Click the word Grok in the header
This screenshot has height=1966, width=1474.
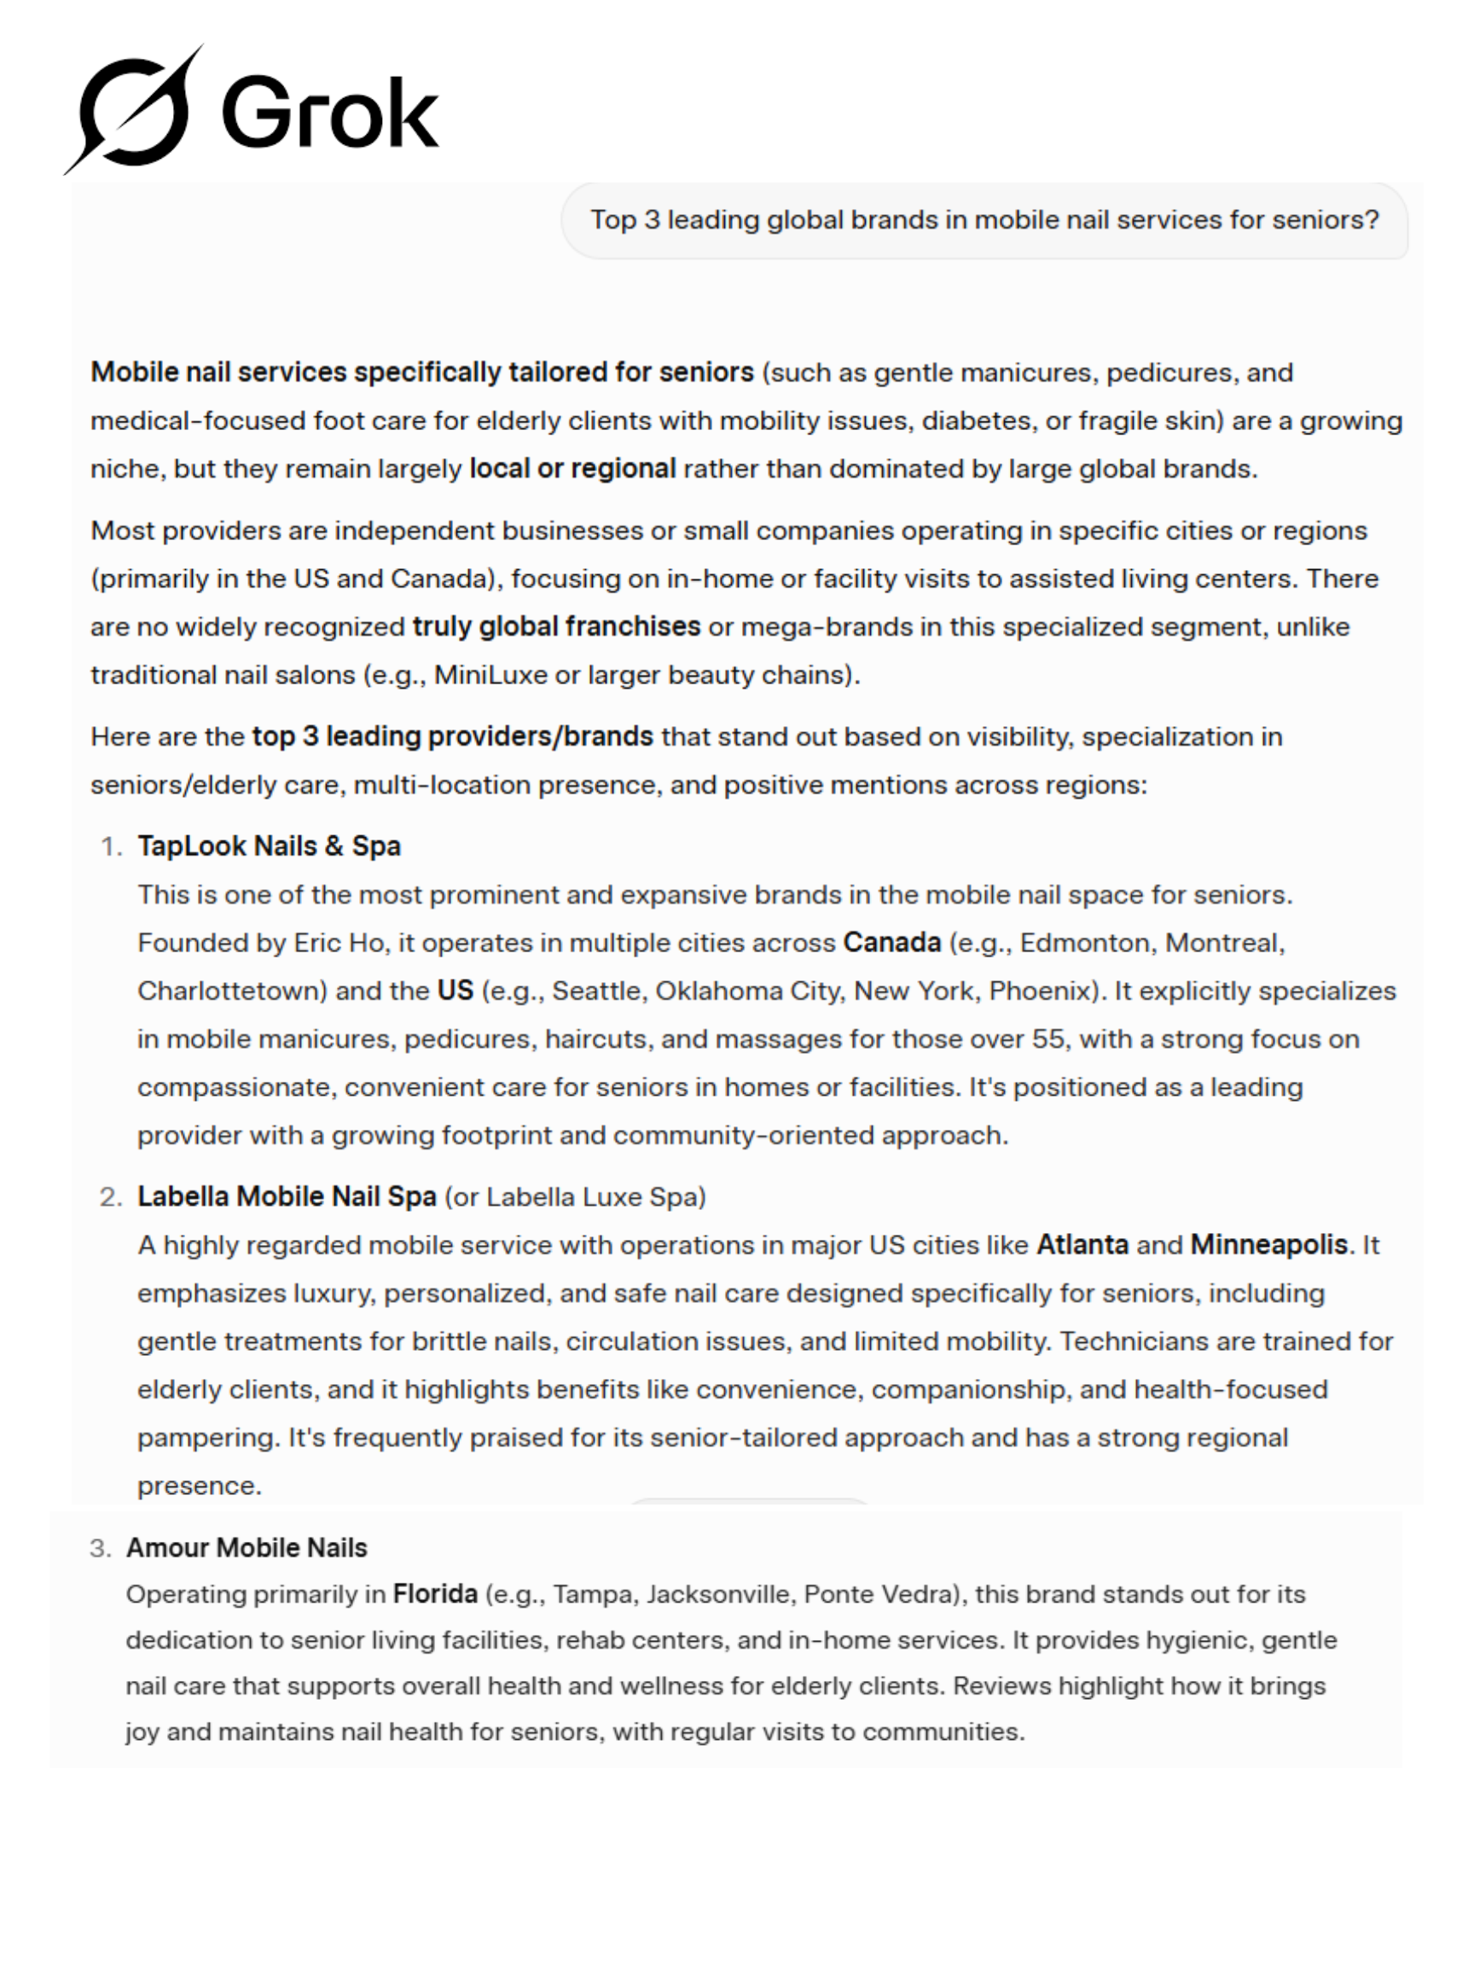click(329, 113)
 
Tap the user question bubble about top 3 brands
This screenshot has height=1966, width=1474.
click(984, 220)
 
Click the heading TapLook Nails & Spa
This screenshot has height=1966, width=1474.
click(269, 846)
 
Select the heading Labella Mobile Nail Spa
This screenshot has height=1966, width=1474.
click(286, 1197)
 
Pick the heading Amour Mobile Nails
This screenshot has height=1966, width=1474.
click(247, 1548)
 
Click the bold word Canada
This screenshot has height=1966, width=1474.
click(891, 943)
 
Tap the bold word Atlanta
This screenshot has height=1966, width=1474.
click(1082, 1245)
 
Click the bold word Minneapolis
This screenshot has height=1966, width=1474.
click(1268, 1245)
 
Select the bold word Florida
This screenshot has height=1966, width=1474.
click(434, 1595)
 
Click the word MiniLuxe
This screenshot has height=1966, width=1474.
click(490, 676)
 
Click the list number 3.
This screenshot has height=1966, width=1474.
click(100, 1549)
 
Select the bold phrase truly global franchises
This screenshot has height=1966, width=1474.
click(556, 627)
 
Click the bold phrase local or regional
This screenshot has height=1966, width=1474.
click(572, 469)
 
